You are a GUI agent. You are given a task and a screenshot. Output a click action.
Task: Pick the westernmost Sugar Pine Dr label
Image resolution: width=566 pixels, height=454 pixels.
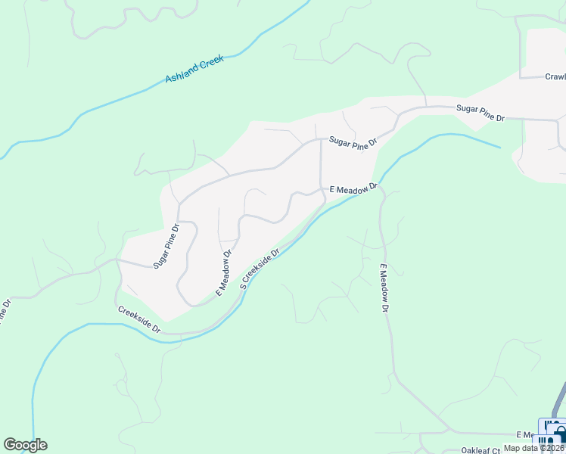click(x=166, y=246)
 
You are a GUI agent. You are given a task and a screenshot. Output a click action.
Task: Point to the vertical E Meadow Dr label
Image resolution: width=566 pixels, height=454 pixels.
click(x=384, y=288)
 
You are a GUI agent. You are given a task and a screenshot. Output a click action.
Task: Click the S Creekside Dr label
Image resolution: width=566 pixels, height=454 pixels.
click(x=260, y=269)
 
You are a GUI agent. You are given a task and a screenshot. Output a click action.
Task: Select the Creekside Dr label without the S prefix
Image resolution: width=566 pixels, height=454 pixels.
click(x=139, y=320)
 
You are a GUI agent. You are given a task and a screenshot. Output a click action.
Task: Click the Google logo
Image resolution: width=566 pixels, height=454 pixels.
click(x=25, y=445)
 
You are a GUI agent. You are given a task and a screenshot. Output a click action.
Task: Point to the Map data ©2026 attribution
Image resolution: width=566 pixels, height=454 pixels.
click(x=533, y=447)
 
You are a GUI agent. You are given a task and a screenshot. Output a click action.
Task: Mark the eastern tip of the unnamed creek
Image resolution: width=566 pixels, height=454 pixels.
click(x=499, y=147)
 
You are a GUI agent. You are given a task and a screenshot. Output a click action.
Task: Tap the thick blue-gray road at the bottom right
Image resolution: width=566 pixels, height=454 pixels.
click(x=561, y=401)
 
